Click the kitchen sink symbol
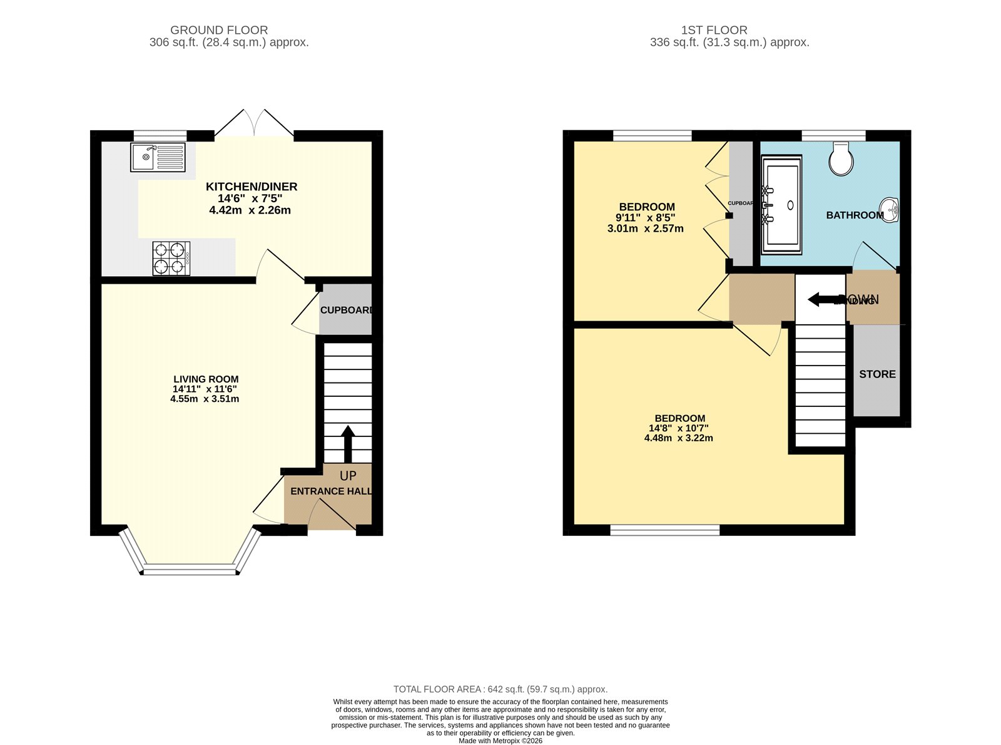coord(158,157)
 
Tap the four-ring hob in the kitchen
coord(171,258)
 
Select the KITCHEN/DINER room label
coord(252,187)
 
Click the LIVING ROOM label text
coord(206,379)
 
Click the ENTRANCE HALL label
coord(330,491)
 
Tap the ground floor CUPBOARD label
coord(346,310)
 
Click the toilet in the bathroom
coord(841,158)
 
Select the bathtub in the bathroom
coord(781,205)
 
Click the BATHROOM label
coord(855,215)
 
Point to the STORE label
coord(877,374)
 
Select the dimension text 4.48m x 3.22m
coord(678,438)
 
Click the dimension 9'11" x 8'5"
coord(645,218)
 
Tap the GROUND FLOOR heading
coord(219,30)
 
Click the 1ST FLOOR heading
coord(714,30)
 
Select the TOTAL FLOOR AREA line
coord(500,689)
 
